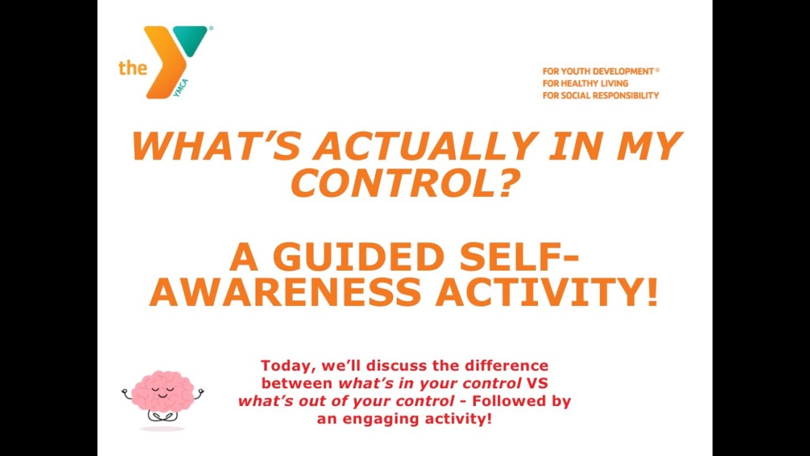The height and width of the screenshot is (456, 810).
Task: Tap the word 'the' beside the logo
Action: [x=132, y=68]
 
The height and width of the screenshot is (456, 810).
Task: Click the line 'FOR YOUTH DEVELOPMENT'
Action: [x=597, y=72]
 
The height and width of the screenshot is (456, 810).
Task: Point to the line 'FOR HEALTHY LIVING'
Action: [x=585, y=84]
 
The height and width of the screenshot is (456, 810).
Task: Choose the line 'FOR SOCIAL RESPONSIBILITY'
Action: [x=601, y=96]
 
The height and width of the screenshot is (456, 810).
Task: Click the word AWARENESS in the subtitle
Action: [x=285, y=293]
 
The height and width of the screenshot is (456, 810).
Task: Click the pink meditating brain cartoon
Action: [x=163, y=396]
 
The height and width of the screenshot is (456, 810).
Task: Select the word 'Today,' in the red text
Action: [x=287, y=366]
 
